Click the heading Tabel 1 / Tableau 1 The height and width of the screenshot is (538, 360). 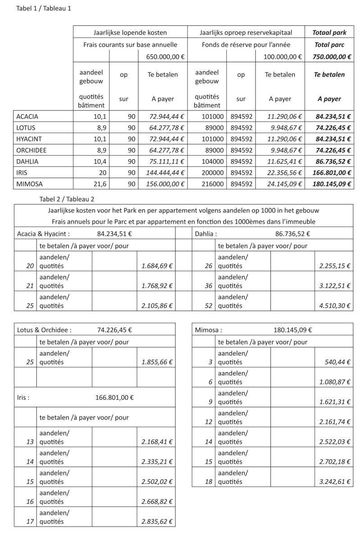pos(44,8)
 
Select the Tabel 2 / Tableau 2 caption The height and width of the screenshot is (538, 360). pos(67,198)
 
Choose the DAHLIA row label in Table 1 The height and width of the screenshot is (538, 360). pos(27,161)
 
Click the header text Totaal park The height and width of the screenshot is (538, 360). pos(329,32)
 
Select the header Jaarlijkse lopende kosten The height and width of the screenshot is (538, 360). pos(130,32)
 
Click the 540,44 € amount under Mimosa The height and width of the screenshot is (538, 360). pos(338,362)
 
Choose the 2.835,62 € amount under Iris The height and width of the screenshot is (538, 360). pos(157,522)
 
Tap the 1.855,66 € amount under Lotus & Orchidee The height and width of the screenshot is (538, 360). pos(157,362)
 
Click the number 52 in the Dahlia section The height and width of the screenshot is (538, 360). pos(208,306)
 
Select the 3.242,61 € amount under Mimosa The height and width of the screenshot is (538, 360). pos(335,482)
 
